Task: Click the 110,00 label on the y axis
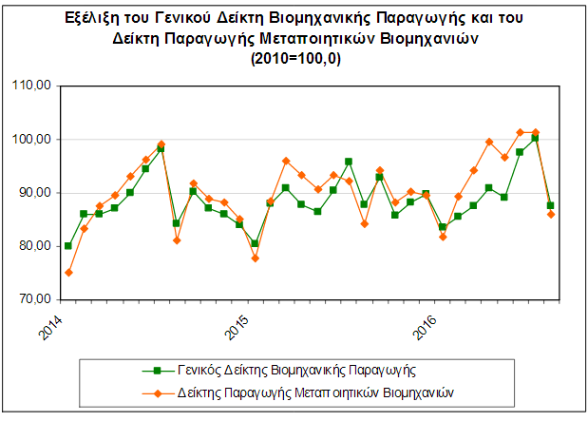pyautogui.click(x=31, y=86)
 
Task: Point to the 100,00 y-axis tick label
pyautogui.click(x=31, y=139)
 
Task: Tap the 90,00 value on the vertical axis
pyautogui.click(x=34, y=193)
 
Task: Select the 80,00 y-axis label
pyautogui.click(x=34, y=246)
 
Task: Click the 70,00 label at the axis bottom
pyautogui.click(x=34, y=299)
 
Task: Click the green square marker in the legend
pyautogui.click(x=158, y=371)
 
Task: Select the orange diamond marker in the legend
pyautogui.click(x=158, y=393)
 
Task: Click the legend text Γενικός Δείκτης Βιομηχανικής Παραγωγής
pyautogui.click(x=296, y=371)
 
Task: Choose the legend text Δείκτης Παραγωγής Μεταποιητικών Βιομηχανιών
pyautogui.click(x=315, y=392)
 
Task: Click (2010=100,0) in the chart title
pyautogui.click(x=295, y=59)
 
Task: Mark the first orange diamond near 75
pyautogui.click(x=68, y=273)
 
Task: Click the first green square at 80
pyautogui.click(x=67, y=246)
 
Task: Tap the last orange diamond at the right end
pyautogui.click(x=551, y=214)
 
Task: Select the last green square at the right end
pyautogui.click(x=551, y=205)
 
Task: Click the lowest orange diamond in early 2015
pyautogui.click(x=256, y=258)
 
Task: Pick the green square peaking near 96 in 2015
pyautogui.click(x=349, y=162)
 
